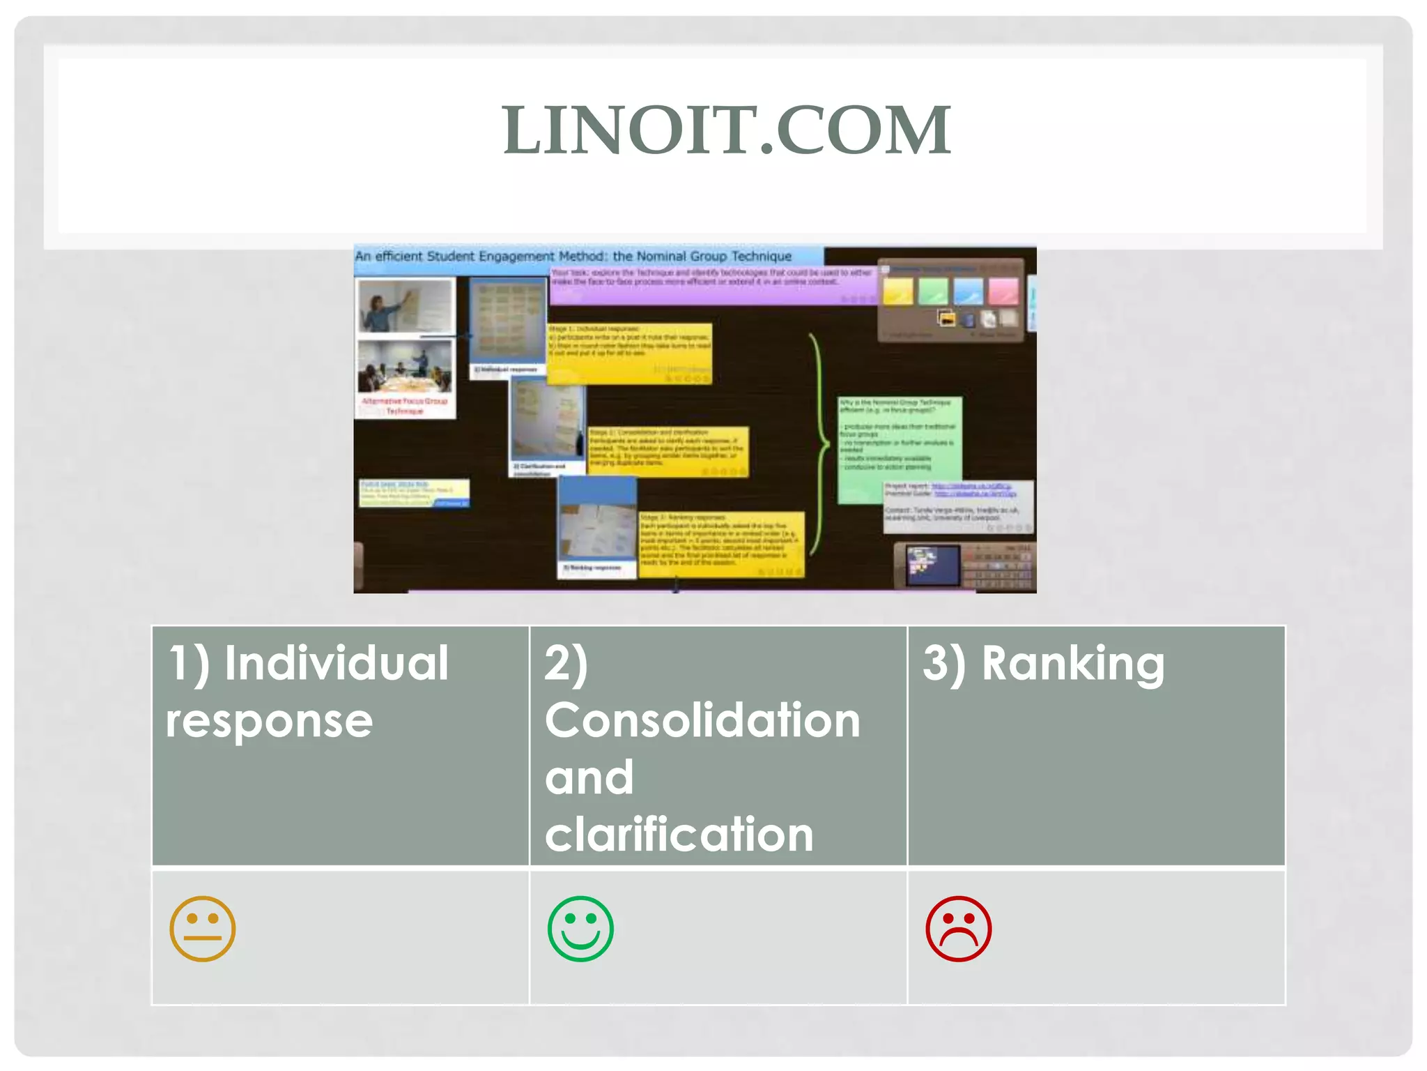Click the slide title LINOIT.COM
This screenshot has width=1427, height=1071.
tap(726, 130)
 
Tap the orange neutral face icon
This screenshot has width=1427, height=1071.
tap(203, 929)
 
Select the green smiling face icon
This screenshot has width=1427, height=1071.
tap(580, 929)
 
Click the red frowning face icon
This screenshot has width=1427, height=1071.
tap(958, 929)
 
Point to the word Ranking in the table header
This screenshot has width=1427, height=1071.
tap(1072, 663)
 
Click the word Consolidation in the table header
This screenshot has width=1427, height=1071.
tap(702, 720)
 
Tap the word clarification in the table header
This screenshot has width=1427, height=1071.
tap(679, 834)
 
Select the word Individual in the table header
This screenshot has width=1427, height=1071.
tap(337, 663)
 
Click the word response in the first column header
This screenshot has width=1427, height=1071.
tap(269, 720)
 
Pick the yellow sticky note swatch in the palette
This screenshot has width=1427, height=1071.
tap(898, 291)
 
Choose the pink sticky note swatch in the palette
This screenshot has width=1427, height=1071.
tap(1003, 291)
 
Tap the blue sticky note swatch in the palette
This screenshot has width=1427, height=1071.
tap(968, 291)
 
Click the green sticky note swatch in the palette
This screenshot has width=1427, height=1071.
tap(933, 291)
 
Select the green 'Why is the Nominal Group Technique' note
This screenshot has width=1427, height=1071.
tap(899, 446)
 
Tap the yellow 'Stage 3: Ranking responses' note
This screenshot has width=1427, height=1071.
tap(721, 545)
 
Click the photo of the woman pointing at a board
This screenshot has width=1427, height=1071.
tap(405, 307)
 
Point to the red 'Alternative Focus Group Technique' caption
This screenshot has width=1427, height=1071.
tap(405, 406)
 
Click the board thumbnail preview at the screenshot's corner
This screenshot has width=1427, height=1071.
tap(932, 564)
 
